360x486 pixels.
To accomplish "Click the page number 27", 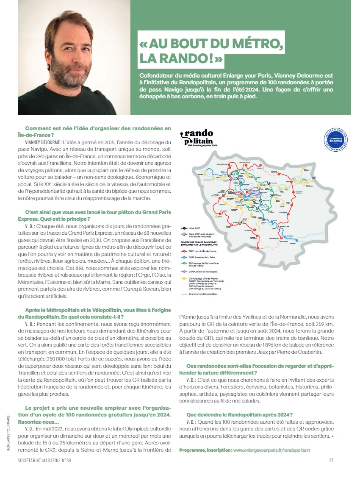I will coord(331,461).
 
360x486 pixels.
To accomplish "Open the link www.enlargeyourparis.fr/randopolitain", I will coord(271,450).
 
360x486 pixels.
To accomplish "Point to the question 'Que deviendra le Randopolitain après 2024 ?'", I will coord(239,414).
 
